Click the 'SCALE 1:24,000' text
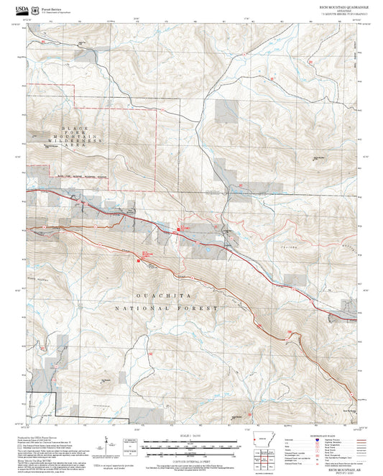pyautogui.click(x=190, y=434)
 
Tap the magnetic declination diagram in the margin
pyautogui.click(x=131, y=441)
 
